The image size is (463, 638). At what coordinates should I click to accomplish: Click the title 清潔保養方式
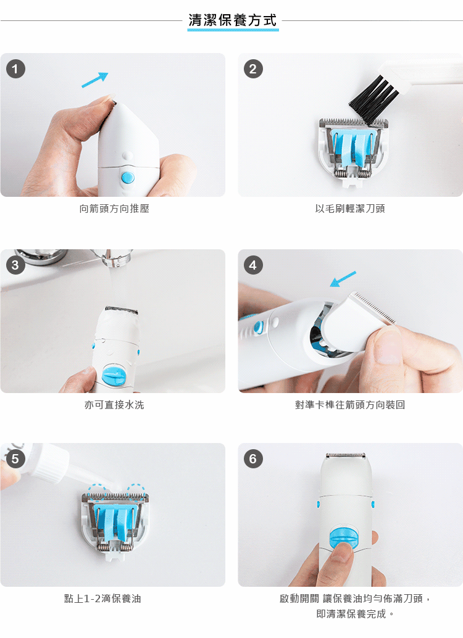[233, 20]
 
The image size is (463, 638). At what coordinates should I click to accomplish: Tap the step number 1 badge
[15, 68]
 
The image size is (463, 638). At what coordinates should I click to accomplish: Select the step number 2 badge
[253, 68]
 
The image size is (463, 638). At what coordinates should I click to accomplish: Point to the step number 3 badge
[15, 265]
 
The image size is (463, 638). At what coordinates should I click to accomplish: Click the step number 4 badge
[253, 265]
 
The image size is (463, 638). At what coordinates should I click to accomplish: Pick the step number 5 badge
[15, 458]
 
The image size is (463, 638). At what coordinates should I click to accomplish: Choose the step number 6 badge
[253, 458]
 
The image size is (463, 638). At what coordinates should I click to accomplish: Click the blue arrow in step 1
[95, 80]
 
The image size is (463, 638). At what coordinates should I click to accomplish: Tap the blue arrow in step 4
[343, 279]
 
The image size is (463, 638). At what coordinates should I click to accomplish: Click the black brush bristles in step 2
[374, 100]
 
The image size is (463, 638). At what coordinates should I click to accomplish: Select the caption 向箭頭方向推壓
[114, 209]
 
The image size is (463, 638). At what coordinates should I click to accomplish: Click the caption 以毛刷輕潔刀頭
[350, 209]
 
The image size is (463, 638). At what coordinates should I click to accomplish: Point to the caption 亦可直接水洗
[114, 405]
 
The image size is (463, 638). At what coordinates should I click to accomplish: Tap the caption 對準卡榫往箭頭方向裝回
[350, 405]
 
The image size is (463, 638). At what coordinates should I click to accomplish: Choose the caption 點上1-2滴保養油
[102, 599]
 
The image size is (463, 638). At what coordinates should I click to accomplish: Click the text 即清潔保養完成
[351, 613]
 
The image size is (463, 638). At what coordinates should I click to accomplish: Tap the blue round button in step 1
[128, 178]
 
